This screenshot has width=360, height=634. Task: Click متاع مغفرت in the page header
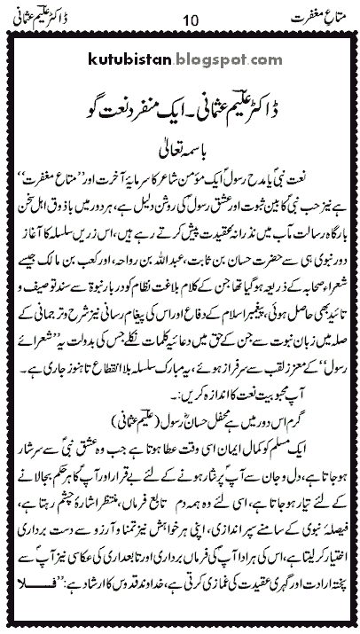pos(317,16)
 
